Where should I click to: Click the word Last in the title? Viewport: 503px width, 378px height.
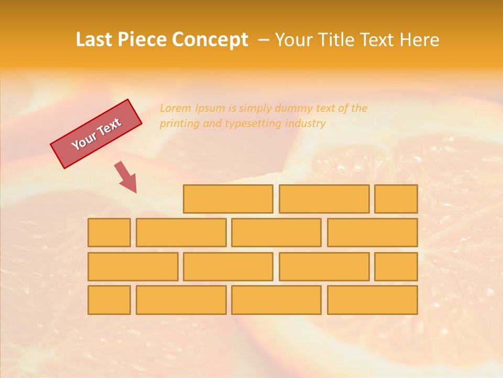click(x=95, y=40)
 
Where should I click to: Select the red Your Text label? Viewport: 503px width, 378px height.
click(x=96, y=134)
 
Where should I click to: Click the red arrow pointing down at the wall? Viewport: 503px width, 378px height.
click(x=126, y=177)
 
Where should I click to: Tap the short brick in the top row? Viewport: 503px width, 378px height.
click(x=396, y=199)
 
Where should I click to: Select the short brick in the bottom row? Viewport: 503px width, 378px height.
click(x=109, y=300)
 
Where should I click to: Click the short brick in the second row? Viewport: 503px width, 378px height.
click(x=109, y=233)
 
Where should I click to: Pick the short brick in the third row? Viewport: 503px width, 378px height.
click(x=396, y=266)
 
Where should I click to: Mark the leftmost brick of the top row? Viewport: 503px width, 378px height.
click(x=228, y=199)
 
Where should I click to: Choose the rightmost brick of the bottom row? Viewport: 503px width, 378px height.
click(x=372, y=300)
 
